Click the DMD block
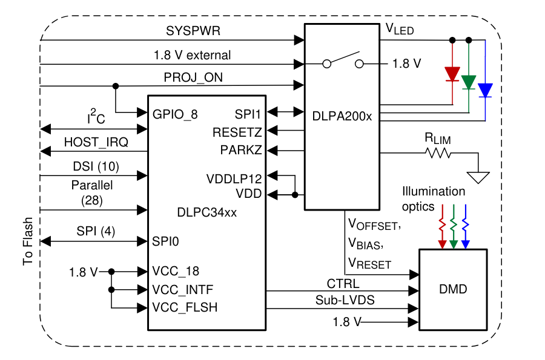[452, 289]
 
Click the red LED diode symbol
[452, 74]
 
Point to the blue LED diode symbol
[485, 90]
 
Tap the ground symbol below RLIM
[478, 177]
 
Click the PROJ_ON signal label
[191, 78]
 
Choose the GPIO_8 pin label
[175, 114]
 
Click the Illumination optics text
[434, 198]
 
